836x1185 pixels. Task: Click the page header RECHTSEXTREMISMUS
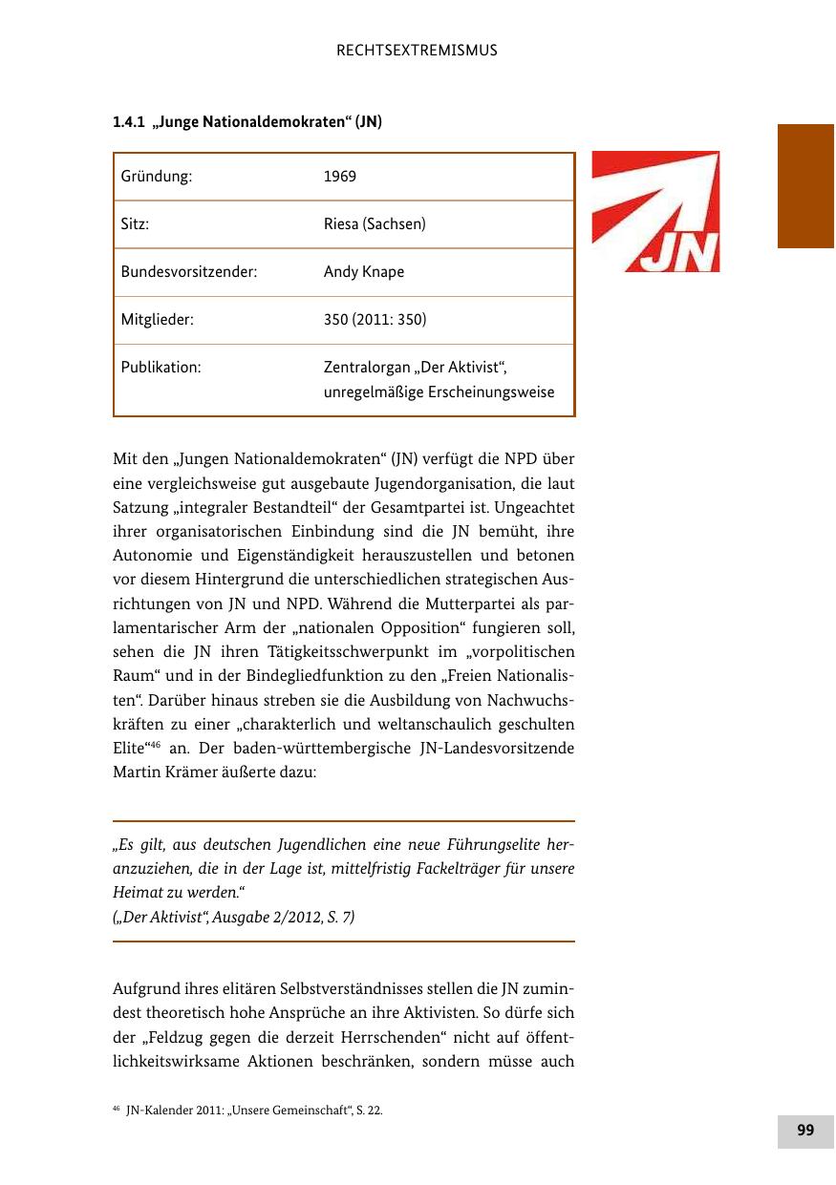(x=418, y=51)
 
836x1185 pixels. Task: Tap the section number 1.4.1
(x=128, y=122)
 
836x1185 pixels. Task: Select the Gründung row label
(x=157, y=177)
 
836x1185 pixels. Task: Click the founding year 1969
(x=340, y=177)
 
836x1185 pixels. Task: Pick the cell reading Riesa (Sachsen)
(x=375, y=224)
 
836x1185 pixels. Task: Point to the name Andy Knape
(x=364, y=272)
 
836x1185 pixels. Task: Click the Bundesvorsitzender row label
(x=188, y=272)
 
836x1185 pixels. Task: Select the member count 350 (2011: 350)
(x=375, y=320)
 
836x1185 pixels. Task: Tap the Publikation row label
(x=161, y=368)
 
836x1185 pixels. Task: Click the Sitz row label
(x=135, y=224)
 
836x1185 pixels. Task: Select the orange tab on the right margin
(x=805, y=185)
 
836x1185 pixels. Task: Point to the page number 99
(x=805, y=1130)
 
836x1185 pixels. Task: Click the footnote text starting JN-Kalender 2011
(x=254, y=1111)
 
